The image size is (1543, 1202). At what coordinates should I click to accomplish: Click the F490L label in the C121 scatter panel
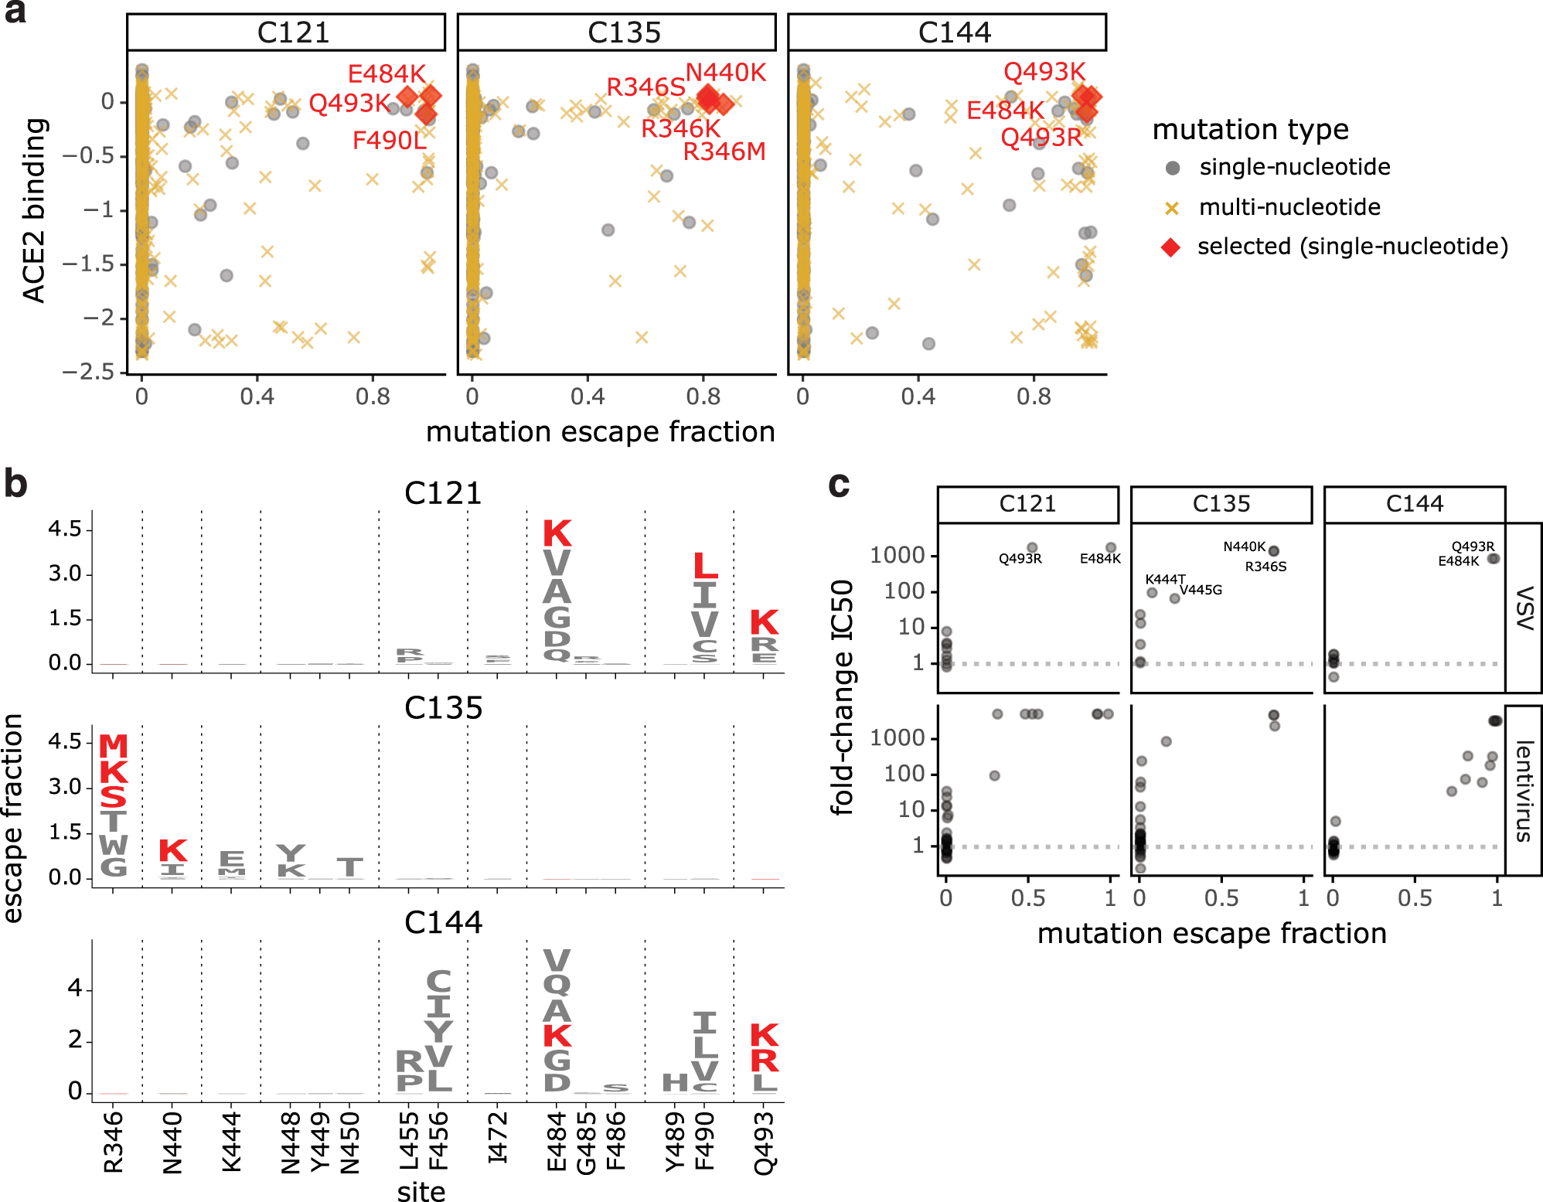tap(389, 141)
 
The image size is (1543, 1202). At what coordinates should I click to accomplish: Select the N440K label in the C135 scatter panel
tap(725, 73)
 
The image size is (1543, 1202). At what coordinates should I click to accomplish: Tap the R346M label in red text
tap(724, 152)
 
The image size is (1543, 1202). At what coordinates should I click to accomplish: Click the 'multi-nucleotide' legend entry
tap(1289, 207)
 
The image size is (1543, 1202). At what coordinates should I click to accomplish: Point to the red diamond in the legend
tap(1171, 247)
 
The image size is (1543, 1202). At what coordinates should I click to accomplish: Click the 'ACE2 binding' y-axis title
tap(35, 210)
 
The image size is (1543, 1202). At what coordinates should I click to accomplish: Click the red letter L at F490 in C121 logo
tap(704, 567)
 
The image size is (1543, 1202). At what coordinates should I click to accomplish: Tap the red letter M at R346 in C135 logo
tap(114, 746)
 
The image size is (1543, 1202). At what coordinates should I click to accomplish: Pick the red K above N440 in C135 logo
tap(172, 850)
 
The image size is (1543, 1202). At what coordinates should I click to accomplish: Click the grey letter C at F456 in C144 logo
tap(438, 982)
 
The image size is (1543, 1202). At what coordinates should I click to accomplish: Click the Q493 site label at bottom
tap(764, 1142)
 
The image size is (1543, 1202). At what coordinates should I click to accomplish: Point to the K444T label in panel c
tap(1164, 579)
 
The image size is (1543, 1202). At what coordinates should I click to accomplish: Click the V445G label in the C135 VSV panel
tap(1201, 590)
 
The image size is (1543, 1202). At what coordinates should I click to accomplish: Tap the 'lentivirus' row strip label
tap(1523, 790)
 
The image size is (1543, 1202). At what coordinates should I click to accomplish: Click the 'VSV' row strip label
tap(1523, 608)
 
